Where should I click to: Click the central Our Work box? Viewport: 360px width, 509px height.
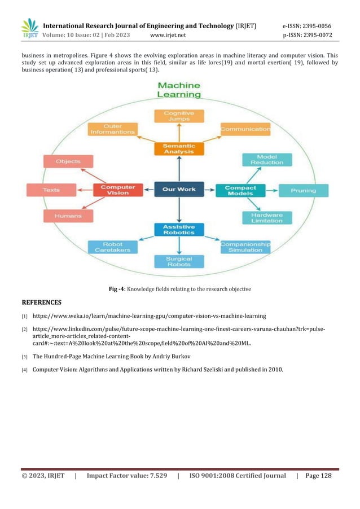(179, 190)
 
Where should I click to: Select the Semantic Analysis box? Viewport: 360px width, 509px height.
(179, 148)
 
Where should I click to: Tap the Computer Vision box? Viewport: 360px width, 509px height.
(118, 190)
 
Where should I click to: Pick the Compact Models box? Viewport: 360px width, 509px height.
(240, 190)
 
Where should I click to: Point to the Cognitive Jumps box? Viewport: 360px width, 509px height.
(179, 117)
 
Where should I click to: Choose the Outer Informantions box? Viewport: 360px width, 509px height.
(113, 129)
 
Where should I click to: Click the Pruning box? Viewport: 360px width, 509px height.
(303, 190)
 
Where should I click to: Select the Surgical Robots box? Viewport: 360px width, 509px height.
(179, 261)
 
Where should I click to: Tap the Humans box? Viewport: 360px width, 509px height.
(68, 216)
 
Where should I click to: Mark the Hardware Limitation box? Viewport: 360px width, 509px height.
(267, 218)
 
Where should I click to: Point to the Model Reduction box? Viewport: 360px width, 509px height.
(266, 160)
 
